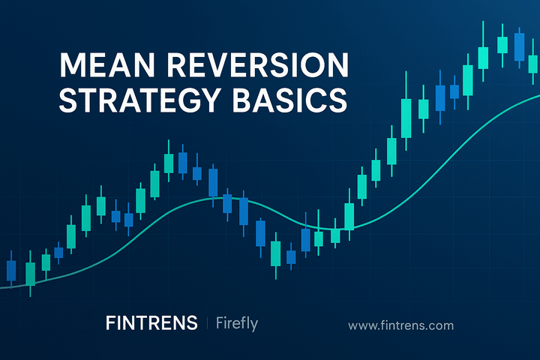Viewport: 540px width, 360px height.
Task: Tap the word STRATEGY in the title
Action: (x=140, y=100)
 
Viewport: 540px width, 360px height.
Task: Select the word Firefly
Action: (x=236, y=324)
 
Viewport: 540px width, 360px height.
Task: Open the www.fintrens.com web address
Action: (x=401, y=325)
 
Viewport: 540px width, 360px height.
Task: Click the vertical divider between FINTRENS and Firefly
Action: (x=206, y=324)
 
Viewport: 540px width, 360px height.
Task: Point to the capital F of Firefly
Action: (x=220, y=324)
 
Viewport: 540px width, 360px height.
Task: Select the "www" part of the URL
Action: (x=362, y=325)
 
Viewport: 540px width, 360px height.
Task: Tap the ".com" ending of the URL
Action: (x=441, y=325)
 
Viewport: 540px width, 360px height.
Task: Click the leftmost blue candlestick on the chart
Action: (x=11, y=270)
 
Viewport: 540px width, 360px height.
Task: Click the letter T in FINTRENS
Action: (x=145, y=324)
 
